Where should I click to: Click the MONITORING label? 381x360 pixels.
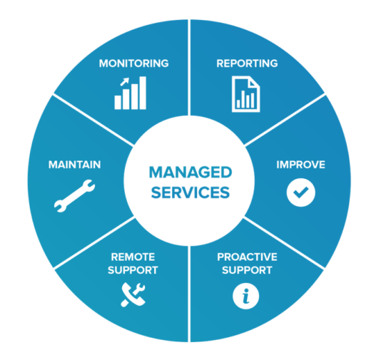[133, 63]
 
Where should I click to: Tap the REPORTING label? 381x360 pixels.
[247, 63]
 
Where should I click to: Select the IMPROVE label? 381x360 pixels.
[301, 165]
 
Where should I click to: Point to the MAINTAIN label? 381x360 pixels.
[75, 165]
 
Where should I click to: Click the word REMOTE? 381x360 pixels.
[133, 257]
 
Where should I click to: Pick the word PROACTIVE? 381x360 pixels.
[247, 257]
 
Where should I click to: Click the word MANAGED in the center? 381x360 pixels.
[190, 173]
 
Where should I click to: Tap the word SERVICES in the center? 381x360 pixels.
[190, 192]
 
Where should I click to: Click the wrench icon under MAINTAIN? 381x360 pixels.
[75, 196]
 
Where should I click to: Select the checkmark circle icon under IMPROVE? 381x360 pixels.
[301, 192]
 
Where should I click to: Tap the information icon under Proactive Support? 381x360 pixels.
[246, 296]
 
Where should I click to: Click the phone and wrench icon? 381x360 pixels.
[133, 294]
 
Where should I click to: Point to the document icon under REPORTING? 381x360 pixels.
[246, 94]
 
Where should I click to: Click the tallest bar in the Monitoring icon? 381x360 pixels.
[143, 93]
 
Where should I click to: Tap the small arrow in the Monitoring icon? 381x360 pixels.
[125, 81]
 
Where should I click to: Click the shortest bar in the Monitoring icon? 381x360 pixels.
[118, 102]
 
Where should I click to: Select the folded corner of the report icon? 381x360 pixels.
[254, 82]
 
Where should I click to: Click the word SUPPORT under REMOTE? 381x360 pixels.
[133, 270]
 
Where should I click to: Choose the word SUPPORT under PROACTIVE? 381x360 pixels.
[247, 270]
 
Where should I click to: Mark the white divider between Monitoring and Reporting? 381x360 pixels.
[189, 68]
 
